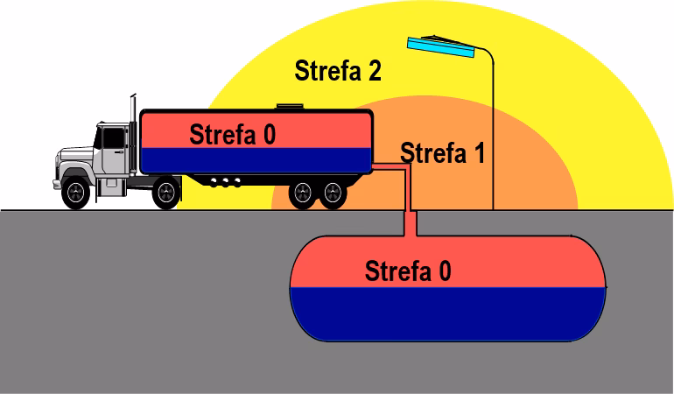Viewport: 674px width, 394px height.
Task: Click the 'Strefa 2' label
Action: (337, 71)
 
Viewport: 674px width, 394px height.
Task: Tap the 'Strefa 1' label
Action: (442, 153)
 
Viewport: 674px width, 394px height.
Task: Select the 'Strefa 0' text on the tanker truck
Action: (232, 135)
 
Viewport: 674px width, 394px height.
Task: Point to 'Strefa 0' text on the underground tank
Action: (408, 271)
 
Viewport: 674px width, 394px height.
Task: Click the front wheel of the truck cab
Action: (78, 193)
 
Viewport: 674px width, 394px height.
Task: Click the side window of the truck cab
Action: (114, 138)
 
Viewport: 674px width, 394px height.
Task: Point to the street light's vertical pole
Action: (492, 140)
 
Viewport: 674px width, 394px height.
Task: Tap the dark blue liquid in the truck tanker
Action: (254, 159)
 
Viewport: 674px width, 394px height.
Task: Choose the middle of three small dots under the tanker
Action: (226, 182)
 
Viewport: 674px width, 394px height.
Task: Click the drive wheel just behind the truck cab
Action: (165, 193)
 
